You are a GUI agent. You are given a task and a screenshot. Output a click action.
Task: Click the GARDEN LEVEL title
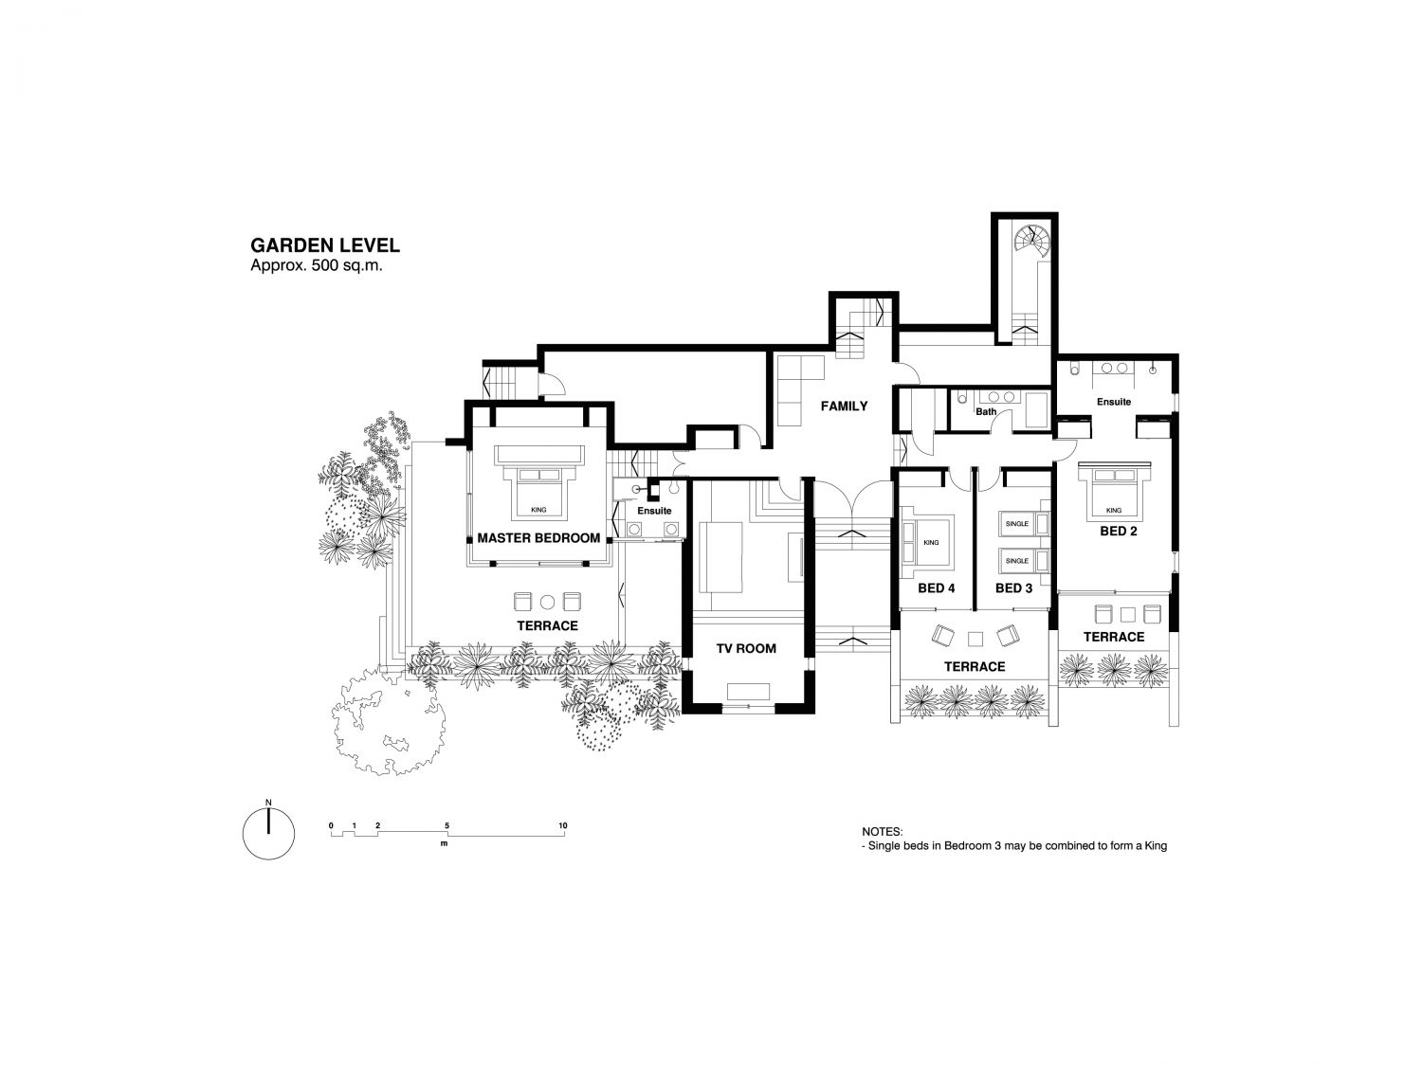[x=324, y=245]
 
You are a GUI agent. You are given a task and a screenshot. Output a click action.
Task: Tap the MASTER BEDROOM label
[x=538, y=538]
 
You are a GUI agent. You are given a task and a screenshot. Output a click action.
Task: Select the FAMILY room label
[x=844, y=406]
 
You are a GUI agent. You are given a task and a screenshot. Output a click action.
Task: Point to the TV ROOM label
[x=746, y=648]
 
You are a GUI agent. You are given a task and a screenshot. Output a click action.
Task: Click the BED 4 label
[x=936, y=588]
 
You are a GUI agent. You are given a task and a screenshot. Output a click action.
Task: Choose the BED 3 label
[x=1013, y=588]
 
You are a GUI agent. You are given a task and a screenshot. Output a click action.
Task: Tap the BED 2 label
[x=1118, y=532]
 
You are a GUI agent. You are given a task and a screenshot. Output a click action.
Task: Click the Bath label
[x=986, y=411]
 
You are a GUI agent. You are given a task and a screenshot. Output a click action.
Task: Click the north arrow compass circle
[x=269, y=834]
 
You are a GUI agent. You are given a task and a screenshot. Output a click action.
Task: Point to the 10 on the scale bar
[x=562, y=825]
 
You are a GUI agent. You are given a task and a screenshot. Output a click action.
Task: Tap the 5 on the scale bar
[x=447, y=825]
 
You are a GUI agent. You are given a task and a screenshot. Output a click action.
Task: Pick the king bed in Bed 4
[x=927, y=542]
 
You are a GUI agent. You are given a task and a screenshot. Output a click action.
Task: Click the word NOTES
[x=882, y=832]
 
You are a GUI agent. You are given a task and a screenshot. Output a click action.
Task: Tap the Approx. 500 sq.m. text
[x=316, y=265]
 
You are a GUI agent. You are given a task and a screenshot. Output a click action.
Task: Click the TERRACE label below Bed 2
[x=1114, y=637]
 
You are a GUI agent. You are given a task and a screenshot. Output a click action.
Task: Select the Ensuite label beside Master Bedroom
[x=654, y=511]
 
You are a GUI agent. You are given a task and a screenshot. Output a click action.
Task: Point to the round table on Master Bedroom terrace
[x=547, y=602]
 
